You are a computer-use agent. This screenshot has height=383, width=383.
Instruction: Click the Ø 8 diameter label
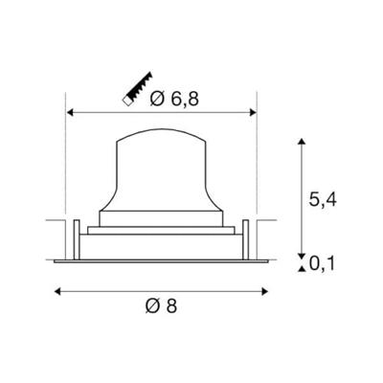click(x=164, y=306)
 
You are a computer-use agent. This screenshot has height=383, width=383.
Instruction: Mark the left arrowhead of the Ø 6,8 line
click(x=68, y=114)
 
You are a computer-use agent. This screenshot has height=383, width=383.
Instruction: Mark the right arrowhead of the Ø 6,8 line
click(x=256, y=114)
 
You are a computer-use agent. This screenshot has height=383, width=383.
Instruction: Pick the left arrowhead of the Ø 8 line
click(x=55, y=286)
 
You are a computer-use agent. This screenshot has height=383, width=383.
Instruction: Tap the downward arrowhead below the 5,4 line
click(x=303, y=251)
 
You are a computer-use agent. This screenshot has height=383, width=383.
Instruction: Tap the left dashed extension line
click(x=64, y=163)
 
